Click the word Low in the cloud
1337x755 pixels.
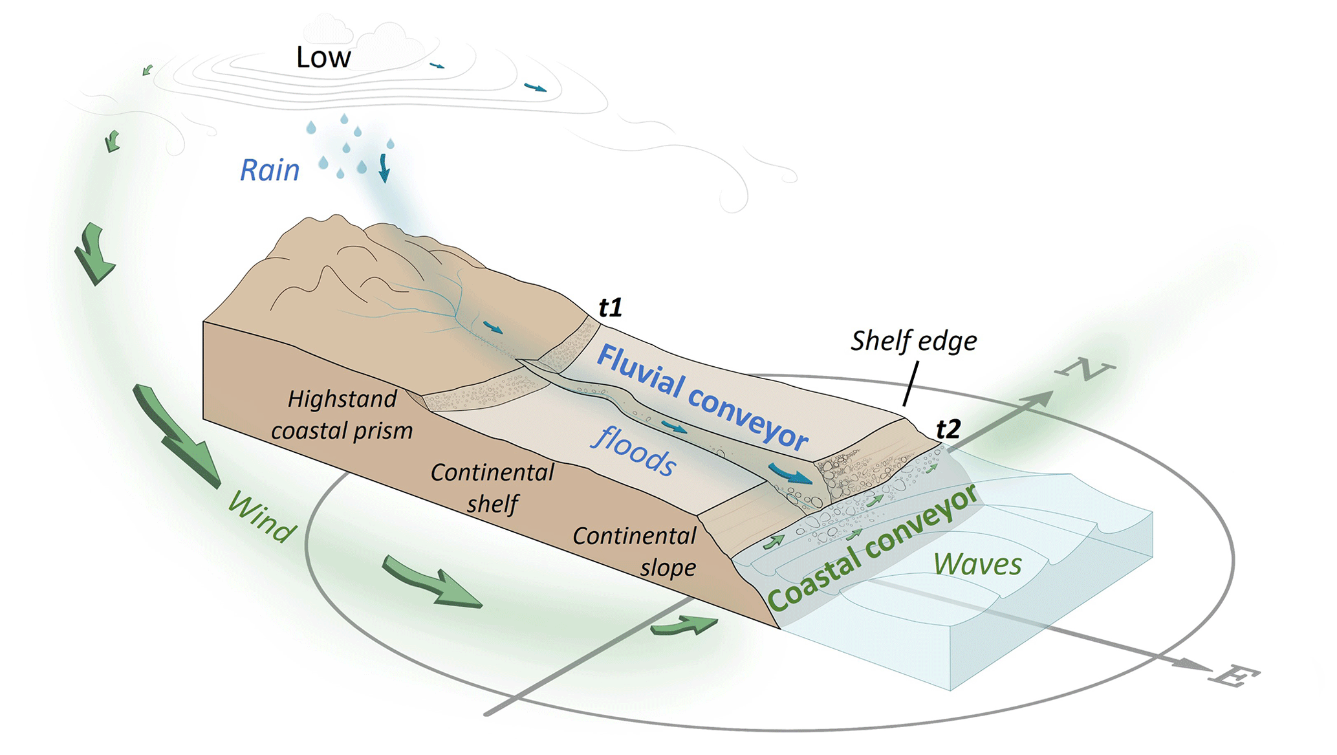(x=323, y=58)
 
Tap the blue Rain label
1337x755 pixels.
(x=270, y=170)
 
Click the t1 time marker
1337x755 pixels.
(x=610, y=307)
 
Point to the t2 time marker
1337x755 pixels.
(x=948, y=429)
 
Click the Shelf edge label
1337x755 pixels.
(x=913, y=341)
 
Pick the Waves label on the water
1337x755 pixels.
(x=977, y=564)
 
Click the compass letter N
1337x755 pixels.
(x=1085, y=369)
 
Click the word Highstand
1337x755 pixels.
(x=342, y=399)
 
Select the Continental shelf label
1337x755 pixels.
(x=492, y=488)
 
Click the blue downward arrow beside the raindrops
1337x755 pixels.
(x=384, y=168)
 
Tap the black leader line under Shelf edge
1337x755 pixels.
(x=910, y=384)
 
